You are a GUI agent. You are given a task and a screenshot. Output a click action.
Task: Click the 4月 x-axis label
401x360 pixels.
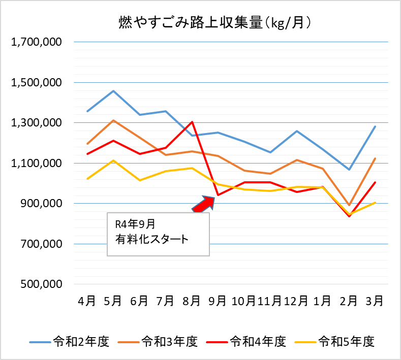click(x=87, y=301)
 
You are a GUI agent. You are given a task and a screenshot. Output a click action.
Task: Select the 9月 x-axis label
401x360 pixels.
click(x=218, y=301)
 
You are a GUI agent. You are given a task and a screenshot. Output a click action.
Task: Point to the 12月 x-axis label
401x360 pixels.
click(x=296, y=301)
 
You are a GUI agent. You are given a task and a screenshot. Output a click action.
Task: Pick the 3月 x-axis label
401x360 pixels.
click(x=375, y=301)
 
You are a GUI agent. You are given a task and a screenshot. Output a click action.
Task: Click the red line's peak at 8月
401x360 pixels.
click(x=192, y=122)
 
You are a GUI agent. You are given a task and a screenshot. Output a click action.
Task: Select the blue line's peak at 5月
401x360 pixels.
click(x=113, y=91)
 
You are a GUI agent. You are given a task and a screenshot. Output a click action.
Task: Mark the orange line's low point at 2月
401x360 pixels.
click(x=349, y=205)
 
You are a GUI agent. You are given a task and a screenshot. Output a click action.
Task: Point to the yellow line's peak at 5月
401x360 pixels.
click(x=113, y=160)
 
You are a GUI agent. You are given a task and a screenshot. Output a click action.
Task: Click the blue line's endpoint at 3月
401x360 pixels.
click(x=375, y=126)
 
